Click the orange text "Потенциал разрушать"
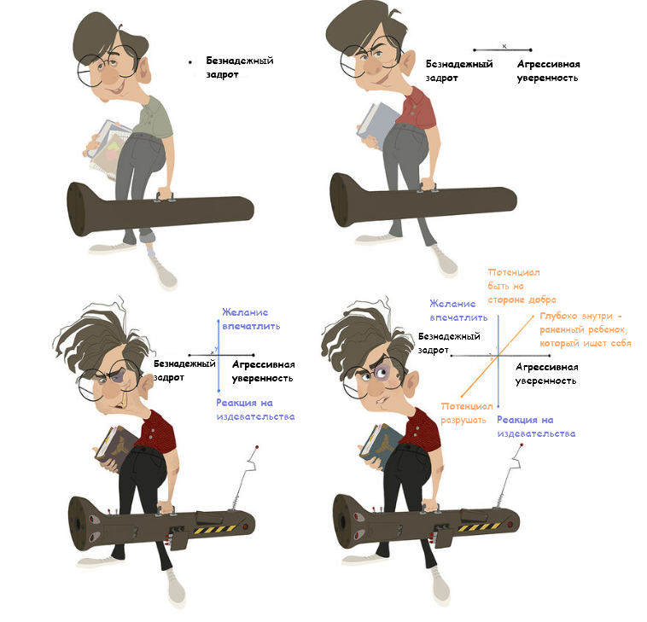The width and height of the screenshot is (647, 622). click(x=467, y=413)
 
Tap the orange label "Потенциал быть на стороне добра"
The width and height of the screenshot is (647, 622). click(x=522, y=286)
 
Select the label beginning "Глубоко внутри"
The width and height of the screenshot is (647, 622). click(x=585, y=329)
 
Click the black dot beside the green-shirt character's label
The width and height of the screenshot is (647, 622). click(x=190, y=62)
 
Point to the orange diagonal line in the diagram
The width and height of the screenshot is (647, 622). click(x=498, y=355)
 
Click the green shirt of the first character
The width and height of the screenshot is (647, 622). click(x=155, y=117)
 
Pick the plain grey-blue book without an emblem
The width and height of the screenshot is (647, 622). click(x=376, y=123)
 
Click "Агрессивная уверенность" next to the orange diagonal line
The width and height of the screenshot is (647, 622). click(x=547, y=374)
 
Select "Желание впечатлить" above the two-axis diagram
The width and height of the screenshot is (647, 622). click(x=251, y=319)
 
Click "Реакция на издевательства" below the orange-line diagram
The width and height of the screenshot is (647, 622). click(x=536, y=427)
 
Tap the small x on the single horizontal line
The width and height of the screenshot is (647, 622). click(x=504, y=47)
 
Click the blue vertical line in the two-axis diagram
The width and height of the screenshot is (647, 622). click(x=219, y=355)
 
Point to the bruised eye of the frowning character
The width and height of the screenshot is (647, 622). click(x=381, y=372)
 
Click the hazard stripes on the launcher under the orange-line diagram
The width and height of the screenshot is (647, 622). click(x=479, y=527)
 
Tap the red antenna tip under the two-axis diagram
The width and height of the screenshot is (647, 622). click(x=257, y=447)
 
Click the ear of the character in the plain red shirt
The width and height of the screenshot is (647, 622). click(x=408, y=62)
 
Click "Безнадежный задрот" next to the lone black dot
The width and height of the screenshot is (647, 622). click(x=240, y=67)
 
